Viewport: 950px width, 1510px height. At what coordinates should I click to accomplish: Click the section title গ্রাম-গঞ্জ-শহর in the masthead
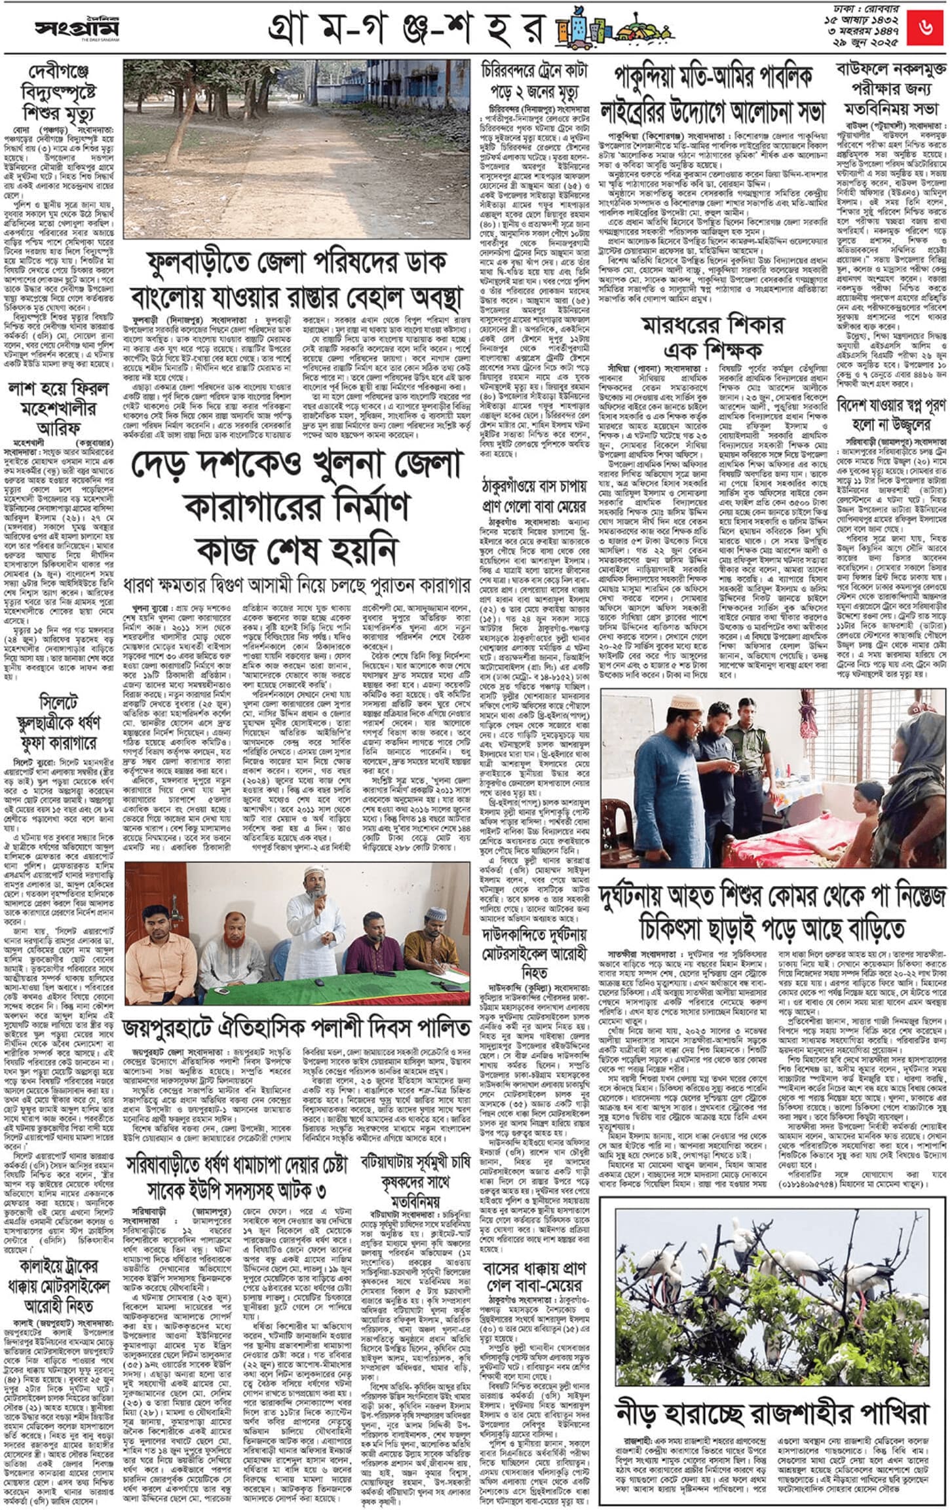(x=406, y=29)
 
